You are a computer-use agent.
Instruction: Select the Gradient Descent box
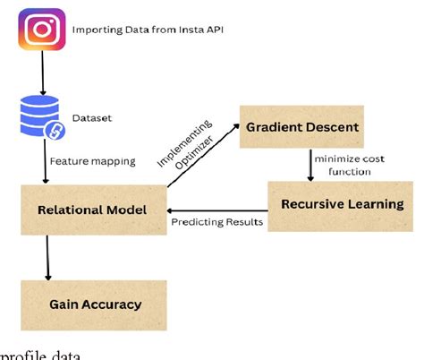pyautogui.click(x=305, y=127)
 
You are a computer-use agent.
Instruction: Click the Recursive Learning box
pyautogui.click(x=342, y=205)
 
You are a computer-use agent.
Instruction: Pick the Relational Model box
pyautogui.click(x=91, y=210)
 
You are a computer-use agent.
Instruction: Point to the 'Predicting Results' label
pyautogui.click(x=217, y=221)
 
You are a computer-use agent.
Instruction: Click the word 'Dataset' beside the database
pyautogui.click(x=91, y=116)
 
